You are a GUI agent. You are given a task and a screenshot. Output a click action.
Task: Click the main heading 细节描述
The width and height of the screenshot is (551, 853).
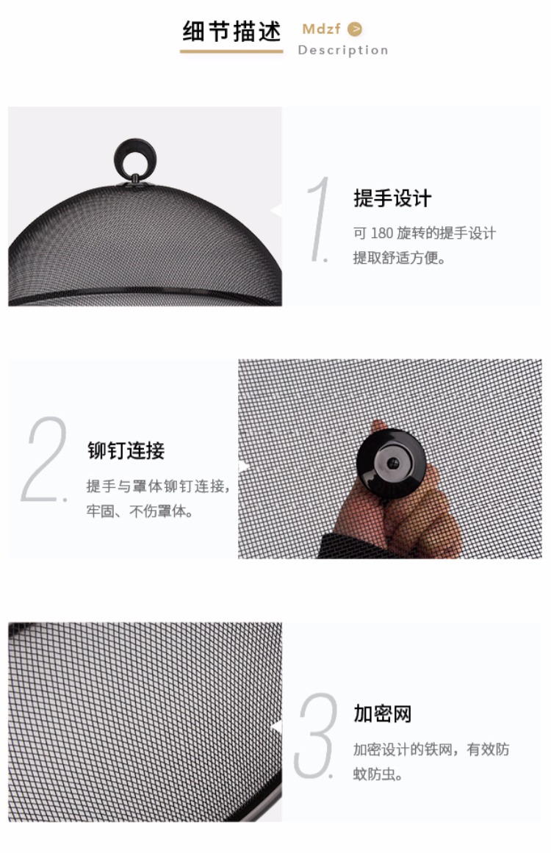pyautogui.click(x=231, y=32)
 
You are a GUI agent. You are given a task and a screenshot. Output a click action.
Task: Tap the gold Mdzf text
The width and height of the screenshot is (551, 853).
pyautogui.click(x=322, y=29)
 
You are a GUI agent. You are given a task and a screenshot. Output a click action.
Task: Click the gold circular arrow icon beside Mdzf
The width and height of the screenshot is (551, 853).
pyautogui.click(x=355, y=29)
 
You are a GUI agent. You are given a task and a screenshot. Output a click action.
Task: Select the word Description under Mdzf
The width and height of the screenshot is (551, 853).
pyautogui.click(x=343, y=50)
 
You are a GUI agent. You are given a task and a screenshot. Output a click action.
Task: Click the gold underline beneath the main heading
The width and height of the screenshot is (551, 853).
pyautogui.click(x=231, y=51)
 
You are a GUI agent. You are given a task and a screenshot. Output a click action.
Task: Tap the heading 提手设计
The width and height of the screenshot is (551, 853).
pyautogui.click(x=392, y=198)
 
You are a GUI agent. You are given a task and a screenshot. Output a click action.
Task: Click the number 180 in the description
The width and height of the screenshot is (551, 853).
pyautogui.click(x=382, y=234)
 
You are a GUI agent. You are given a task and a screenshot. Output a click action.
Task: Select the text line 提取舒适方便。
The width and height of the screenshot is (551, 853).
pyautogui.click(x=399, y=257)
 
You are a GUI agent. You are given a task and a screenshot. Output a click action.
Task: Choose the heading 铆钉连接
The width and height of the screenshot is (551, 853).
pyautogui.click(x=126, y=450)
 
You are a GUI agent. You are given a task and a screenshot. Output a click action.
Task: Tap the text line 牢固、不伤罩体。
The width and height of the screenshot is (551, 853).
pyautogui.click(x=140, y=511)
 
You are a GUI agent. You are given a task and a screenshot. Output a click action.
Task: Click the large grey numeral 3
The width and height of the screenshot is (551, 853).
pyautogui.click(x=315, y=735)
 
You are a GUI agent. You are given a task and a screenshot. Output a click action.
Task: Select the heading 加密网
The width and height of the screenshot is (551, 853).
pyautogui.click(x=383, y=713)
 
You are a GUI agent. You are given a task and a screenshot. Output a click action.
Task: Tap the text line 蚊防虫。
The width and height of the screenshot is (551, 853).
pyautogui.click(x=378, y=773)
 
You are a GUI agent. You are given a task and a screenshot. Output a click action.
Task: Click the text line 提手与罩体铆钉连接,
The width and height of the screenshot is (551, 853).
pyautogui.click(x=158, y=486)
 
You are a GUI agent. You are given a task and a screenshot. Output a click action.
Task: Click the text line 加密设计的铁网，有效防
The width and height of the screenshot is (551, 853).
pyautogui.click(x=431, y=749)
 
